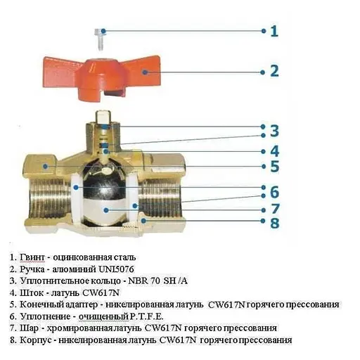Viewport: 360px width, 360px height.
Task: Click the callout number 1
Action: tap(274, 31)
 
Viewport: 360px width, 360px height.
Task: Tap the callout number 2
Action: tap(274, 71)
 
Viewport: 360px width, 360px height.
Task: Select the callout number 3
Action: tap(274, 131)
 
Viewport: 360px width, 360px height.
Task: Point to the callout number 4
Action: tap(274, 150)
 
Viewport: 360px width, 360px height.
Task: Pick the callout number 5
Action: tap(274, 167)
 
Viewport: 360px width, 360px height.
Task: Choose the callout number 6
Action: tap(274, 191)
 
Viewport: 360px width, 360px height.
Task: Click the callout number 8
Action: tap(274, 223)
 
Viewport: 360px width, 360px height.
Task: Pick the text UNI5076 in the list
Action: tap(130, 268)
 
